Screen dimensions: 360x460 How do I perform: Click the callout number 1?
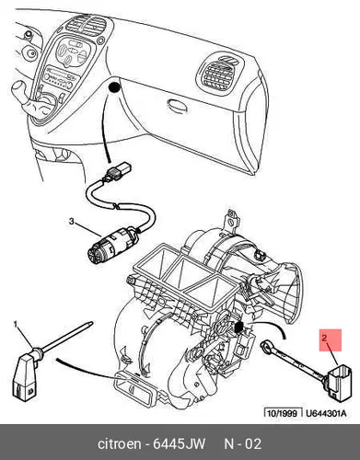click(15, 324)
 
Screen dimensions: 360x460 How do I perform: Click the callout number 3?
click(71, 221)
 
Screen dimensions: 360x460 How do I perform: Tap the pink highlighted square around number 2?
click(331, 340)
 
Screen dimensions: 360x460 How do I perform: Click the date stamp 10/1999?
click(283, 413)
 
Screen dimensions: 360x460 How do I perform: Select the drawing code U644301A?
click(326, 413)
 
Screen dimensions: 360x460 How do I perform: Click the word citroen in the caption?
click(120, 443)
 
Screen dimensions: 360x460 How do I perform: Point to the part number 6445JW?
click(179, 443)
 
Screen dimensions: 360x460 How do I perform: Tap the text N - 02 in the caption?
click(243, 443)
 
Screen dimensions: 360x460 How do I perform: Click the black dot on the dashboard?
click(114, 87)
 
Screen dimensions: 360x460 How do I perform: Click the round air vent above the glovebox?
click(218, 73)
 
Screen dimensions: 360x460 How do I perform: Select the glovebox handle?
click(177, 105)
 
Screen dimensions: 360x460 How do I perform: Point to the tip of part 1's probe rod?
click(91, 322)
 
